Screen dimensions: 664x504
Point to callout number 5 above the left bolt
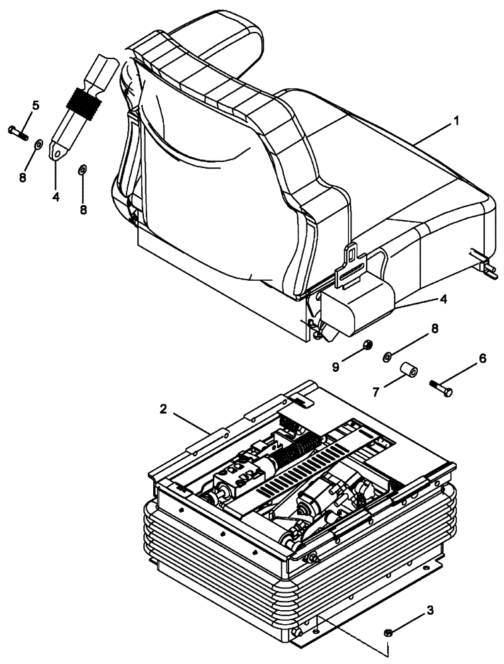(x=35, y=105)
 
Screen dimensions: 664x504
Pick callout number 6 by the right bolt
(x=482, y=358)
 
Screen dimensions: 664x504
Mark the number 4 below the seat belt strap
(x=56, y=197)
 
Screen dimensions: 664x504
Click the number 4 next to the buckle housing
(x=442, y=299)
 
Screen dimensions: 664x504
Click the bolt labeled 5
(x=17, y=131)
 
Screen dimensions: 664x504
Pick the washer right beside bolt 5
(x=39, y=143)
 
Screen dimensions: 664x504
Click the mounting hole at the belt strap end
(x=58, y=154)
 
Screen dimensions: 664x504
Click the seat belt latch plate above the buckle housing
(x=352, y=264)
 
